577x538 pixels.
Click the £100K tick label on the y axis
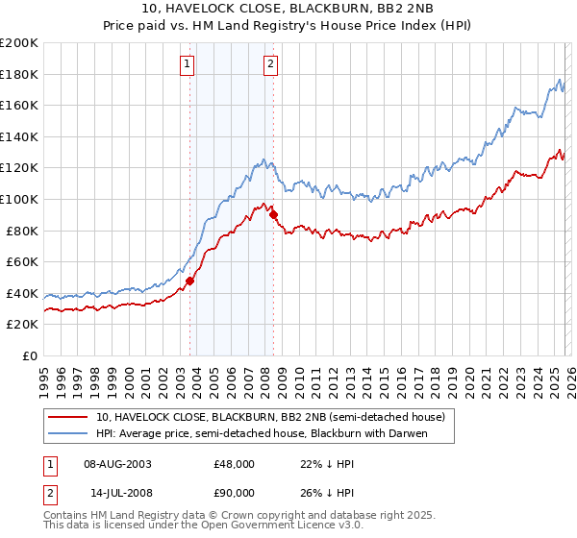[x=19, y=199]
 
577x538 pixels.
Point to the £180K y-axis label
[x=19, y=74]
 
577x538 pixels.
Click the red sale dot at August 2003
[x=189, y=281]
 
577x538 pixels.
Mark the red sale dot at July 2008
[x=273, y=214]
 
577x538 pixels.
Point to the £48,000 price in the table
[x=235, y=463]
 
